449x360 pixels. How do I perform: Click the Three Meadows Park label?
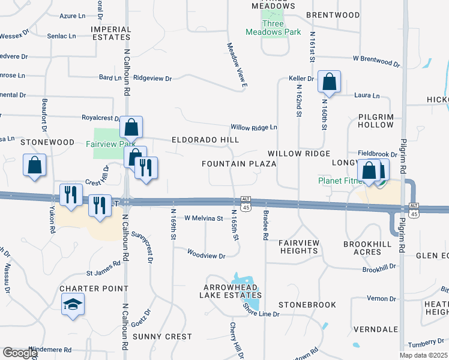point(274,28)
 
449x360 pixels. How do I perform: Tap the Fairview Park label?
point(110,144)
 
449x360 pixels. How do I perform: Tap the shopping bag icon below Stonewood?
point(35,165)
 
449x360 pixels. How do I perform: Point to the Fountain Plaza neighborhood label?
point(239,164)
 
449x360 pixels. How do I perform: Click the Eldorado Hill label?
point(205,140)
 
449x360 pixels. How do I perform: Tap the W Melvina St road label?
point(203,219)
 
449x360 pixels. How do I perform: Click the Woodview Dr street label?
point(205,256)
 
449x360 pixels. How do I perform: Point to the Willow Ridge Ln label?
point(254,127)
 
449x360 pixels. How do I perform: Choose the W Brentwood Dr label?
point(376,61)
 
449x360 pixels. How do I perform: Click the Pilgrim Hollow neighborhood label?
point(376,120)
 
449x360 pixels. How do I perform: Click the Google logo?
point(20,353)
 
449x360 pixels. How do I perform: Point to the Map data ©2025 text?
point(424,355)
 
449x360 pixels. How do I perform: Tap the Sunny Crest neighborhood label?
point(162,337)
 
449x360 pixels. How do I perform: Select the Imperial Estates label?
point(111,33)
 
